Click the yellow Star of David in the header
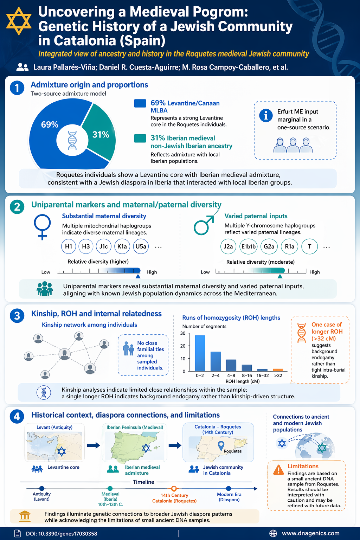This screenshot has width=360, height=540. click(x=19, y=20)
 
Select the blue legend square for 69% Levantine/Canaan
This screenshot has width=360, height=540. click(x=140, y=103)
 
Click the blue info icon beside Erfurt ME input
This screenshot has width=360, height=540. click(x=266, y=115)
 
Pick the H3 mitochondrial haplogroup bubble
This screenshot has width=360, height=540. click(x=86, y=246)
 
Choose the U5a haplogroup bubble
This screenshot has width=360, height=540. click(x=141, y=246)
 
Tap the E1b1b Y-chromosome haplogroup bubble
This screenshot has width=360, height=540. click(x=248, y=246)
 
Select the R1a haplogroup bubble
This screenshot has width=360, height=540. click(x=290, y=246)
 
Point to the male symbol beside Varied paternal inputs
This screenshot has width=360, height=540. click(x=204, y=225)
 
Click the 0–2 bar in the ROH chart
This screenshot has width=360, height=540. click(x=200, y=353)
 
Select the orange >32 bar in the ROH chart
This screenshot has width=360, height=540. click(x=278, y=370)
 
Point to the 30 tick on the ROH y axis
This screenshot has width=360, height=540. click(x=183, y=333)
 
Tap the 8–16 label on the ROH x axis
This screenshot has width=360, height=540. click(x=247, y=375)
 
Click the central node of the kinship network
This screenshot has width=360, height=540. click(x=64, y=354)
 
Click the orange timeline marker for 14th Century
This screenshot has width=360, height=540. click(x=174, y=488)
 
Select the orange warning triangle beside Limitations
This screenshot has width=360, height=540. click(x=278, y=469)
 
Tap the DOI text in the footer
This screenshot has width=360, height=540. click(x=62, y=534)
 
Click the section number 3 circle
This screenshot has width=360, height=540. click(x=17, y=316)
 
